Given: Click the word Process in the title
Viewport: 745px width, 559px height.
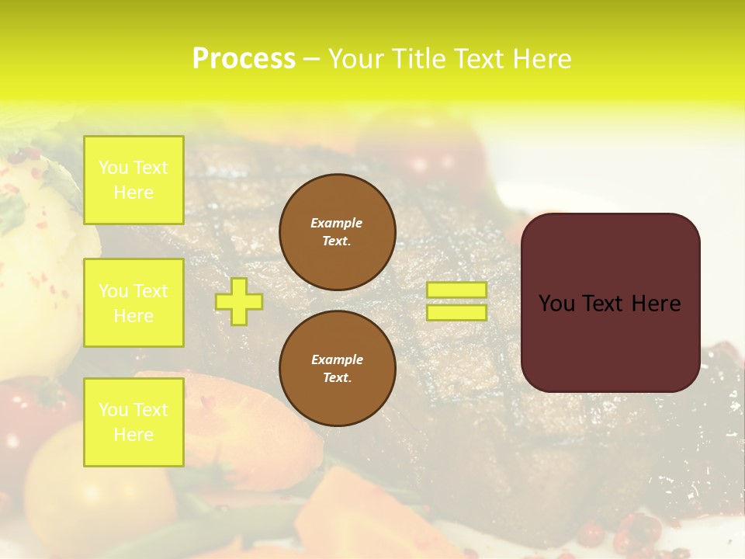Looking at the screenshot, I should pos(244,59).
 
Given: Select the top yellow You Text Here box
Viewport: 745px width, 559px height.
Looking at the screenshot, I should pos(133,180).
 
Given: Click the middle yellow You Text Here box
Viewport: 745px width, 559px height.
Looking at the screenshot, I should pos(133,303).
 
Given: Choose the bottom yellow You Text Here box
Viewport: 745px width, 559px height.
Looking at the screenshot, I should pos(133,422).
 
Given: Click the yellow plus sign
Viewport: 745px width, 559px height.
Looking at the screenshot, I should pos(239,301).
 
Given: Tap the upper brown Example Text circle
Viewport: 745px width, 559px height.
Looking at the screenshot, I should pos(337,232).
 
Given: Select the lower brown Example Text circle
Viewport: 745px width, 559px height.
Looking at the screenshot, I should pos(337,369).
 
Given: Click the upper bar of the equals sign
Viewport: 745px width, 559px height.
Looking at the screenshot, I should pos(456,290).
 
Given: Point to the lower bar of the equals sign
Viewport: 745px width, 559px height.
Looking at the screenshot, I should pos(456,312).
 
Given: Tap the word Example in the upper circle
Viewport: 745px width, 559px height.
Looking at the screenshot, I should pos(336,223).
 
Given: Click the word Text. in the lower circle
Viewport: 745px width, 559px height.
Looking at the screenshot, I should pos(337,378).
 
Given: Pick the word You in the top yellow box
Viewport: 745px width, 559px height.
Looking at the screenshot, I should pos(113,168).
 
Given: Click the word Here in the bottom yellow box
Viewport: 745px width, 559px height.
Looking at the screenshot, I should pos(133,435).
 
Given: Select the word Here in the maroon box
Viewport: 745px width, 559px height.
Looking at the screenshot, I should pos(656,304).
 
